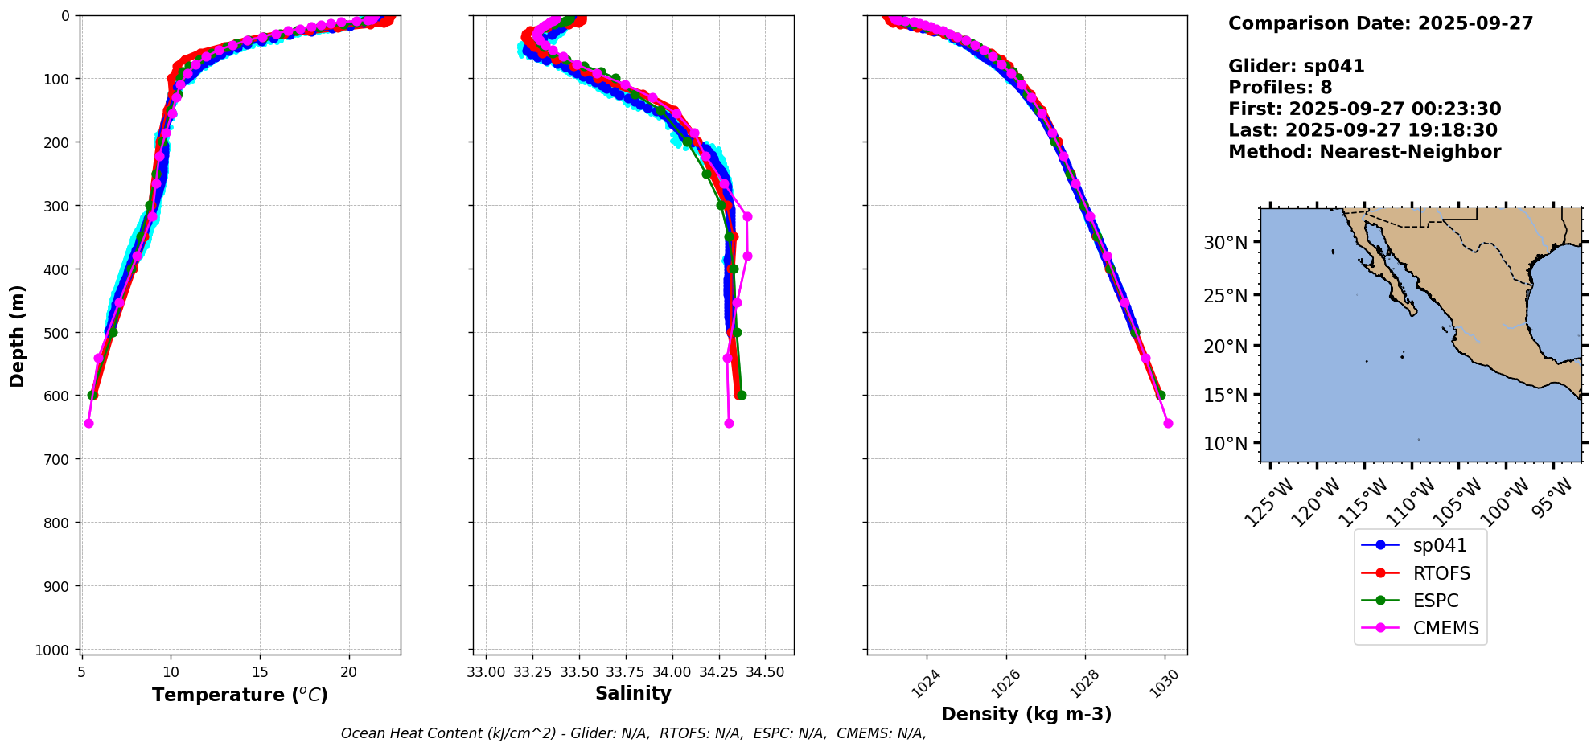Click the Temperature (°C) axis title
click(240, 695)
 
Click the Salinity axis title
click(633, 693)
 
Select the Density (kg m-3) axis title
click(1026, 714)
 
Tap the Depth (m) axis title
click(18, 335)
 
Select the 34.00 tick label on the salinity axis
click(672, 672)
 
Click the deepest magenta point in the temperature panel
click(88, 423)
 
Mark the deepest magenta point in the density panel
click(1168, 423)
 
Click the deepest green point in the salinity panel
click(742, 395)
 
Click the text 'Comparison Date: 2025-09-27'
click(1380, 23)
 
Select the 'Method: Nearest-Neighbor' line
click(1364, 152)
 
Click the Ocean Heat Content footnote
click(633, 733)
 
